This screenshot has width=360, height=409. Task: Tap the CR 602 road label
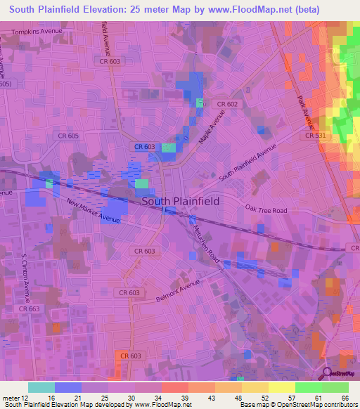(x=227, y=104)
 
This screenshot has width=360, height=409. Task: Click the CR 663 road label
(x=30, y=309)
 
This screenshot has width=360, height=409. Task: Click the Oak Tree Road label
(x=266, y=209)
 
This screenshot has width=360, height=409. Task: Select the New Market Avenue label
(x=94, y=212)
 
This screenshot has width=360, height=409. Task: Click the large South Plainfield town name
(x=181, y=201)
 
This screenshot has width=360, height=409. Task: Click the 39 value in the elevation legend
(x=184, y=398)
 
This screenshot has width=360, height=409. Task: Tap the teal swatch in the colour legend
(x=41, y=387)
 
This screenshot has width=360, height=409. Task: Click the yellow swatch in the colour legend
(x=281, y=387)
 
